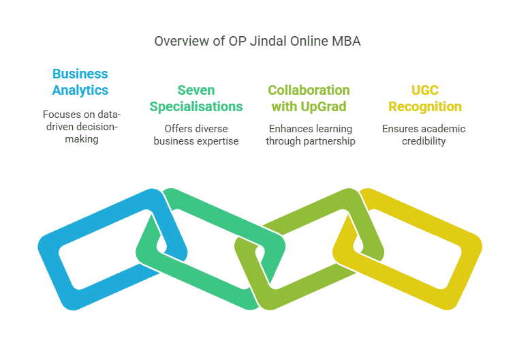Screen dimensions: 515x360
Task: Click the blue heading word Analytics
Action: (80, 91)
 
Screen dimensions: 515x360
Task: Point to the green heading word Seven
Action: (196, 90)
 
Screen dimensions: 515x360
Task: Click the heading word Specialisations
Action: (196, 106)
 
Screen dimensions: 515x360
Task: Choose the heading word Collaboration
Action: (309, 90)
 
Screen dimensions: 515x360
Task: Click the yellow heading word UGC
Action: (425, 90)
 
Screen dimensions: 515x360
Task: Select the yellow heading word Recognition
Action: (425, 107)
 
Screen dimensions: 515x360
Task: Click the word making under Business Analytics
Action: (82, 139)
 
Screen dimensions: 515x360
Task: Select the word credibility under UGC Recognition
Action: (424, 141)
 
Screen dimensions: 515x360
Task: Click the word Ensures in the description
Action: (398, 129)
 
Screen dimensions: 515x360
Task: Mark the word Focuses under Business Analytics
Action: (60, 115)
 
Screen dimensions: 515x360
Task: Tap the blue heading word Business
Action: (80, 74)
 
